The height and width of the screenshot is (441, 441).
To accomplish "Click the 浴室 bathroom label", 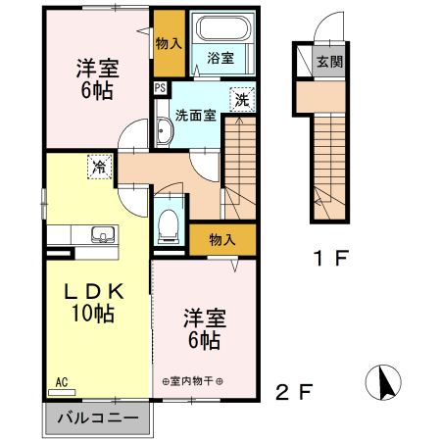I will [220, 59].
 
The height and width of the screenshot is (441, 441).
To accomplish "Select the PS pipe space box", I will [160, 88].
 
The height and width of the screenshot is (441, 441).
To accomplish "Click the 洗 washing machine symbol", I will [241, 98].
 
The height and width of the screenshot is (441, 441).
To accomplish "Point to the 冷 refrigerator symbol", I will [98, 167].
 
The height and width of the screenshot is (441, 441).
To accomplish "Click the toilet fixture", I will [169, 222].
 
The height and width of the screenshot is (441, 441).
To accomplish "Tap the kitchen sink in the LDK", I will [101, 234].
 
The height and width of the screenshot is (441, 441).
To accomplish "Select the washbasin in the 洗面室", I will [163, 132].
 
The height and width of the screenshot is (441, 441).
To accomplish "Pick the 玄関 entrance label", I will [329, 62].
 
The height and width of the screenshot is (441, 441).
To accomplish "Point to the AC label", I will [61, 381].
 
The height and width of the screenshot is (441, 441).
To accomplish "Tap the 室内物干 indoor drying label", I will [192, 381].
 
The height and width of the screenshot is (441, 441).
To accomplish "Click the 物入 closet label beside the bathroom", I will [169, 43].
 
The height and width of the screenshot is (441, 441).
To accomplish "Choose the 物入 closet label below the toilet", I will [222, 239].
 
